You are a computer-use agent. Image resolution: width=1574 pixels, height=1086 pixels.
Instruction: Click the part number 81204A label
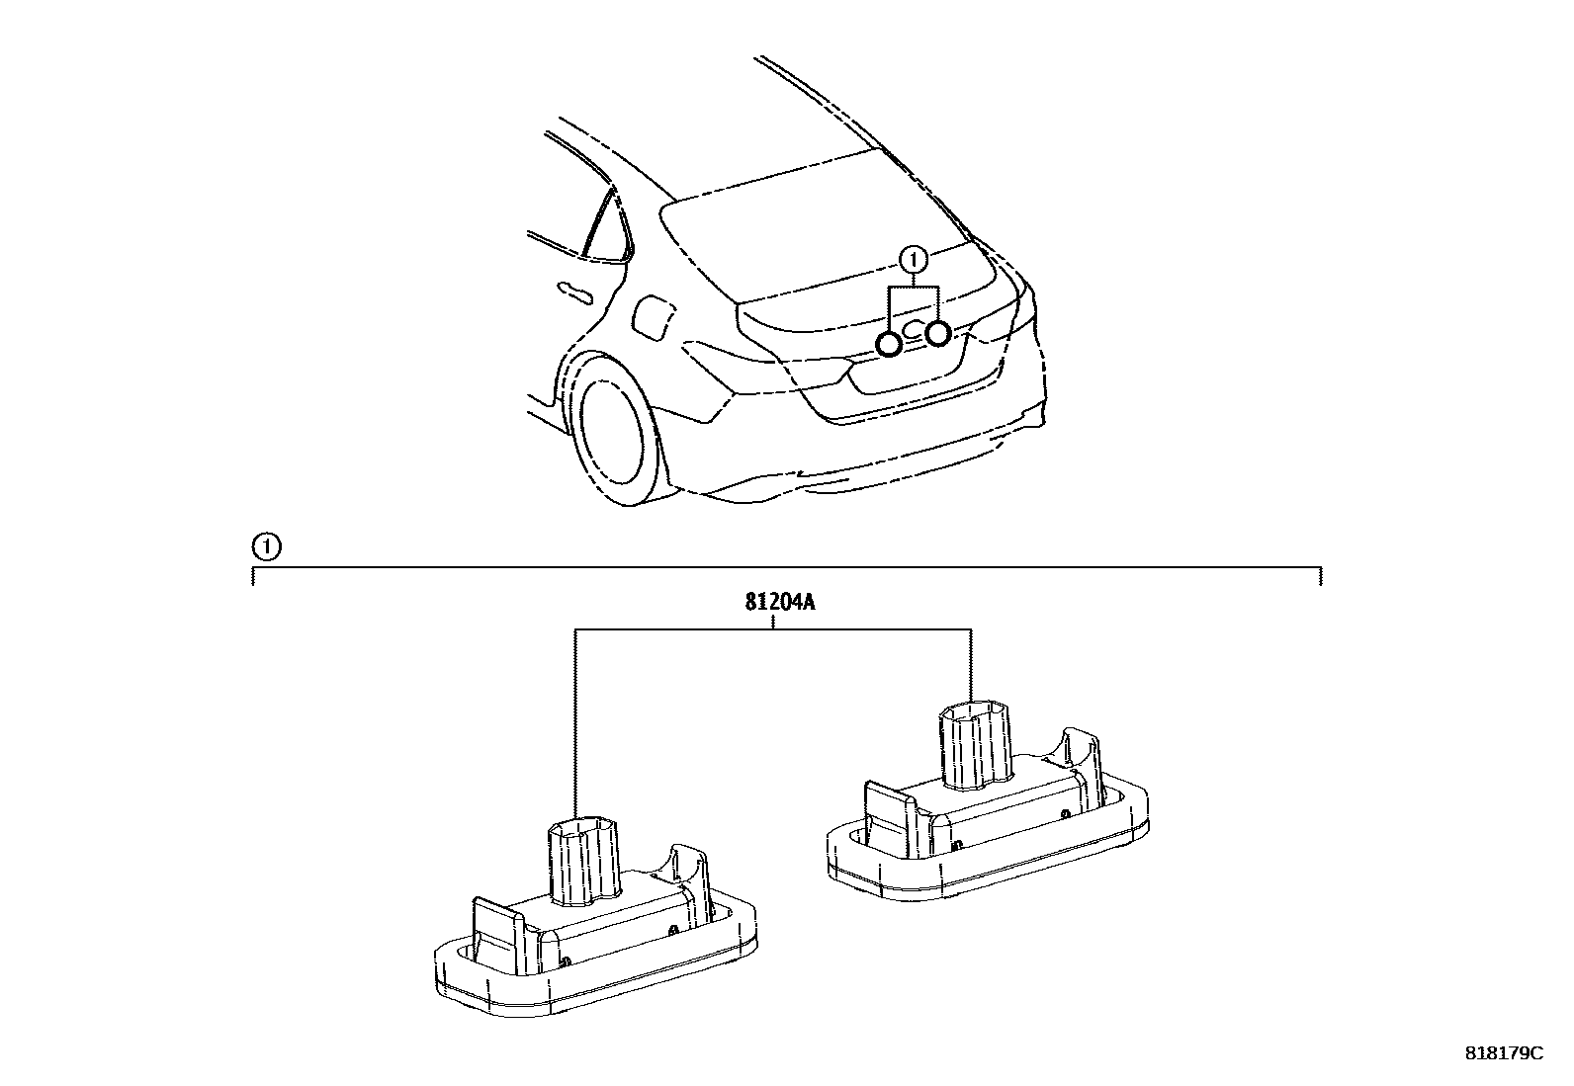[x=780, y=603]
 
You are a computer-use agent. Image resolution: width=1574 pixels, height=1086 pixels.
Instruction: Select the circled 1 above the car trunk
[x=914, y=261]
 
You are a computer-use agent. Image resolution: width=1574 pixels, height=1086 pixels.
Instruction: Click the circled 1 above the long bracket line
[x=266, y=546]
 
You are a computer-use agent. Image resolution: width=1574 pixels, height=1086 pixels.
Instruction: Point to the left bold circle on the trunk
[x=889, y=344]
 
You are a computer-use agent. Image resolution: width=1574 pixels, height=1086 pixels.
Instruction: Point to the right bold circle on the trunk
[x=938, y=334]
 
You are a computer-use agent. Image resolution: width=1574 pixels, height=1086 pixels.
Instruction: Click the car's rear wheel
[x=610, y=432]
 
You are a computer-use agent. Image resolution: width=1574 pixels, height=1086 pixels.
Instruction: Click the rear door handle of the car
[x=573, y=292]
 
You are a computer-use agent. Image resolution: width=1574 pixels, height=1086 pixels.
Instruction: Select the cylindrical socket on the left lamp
[x=582, y=862]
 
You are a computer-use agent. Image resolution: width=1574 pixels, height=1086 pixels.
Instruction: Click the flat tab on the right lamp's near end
[x=890, y=817]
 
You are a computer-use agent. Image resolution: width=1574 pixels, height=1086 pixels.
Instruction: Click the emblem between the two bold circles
[x=914, y=328]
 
